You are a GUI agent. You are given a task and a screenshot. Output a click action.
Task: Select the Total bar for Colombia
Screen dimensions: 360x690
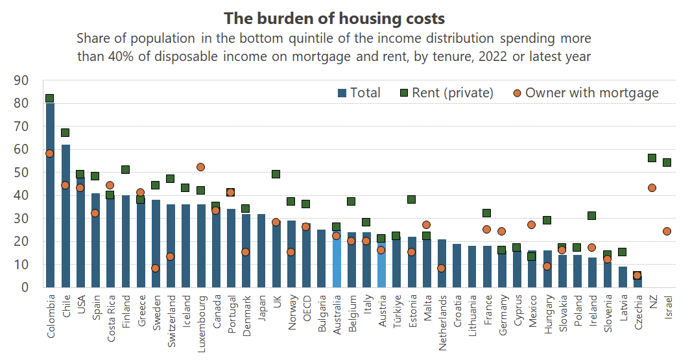pos(49,195)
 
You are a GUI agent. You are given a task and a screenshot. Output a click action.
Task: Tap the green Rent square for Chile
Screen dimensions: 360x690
pos(65,132)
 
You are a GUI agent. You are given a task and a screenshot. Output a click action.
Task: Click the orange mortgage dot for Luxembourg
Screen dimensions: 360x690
pos(200,167)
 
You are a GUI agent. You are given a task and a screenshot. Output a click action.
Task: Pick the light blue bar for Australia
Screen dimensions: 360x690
pos(336,259)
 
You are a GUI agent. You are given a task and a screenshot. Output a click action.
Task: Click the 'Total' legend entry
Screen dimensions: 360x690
pos(359,93)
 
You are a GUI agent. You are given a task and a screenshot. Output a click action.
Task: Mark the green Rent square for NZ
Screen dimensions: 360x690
pos(652,158)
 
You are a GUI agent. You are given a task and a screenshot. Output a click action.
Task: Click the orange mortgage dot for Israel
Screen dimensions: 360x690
pos(667,231)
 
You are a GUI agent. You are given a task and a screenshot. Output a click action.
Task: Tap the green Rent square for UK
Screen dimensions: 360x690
pos(276,174)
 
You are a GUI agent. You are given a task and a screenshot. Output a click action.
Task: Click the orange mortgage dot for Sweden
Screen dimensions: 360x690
pos(156,268)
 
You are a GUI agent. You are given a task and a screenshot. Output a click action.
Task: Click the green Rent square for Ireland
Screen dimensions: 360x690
pos(591,215)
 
